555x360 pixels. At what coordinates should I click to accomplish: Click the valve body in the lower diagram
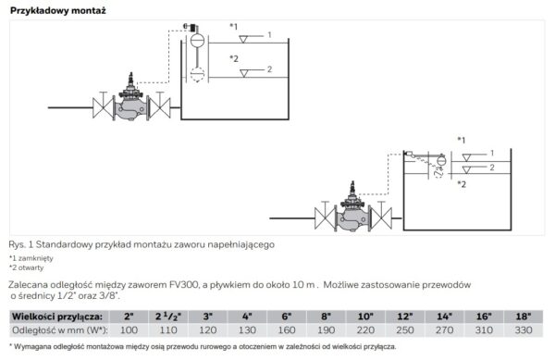(351, 218)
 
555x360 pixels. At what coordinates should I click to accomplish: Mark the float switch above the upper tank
(197, 43)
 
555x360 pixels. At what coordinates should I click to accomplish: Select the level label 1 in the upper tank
(268, 34)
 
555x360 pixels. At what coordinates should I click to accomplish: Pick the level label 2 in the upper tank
(268, 69)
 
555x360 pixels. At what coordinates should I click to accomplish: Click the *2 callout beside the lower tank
(462, 183)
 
